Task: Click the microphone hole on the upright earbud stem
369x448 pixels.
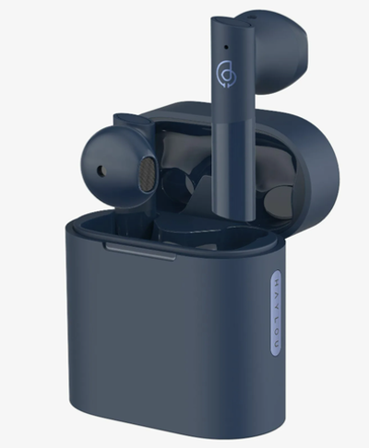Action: click(x=226, y=47)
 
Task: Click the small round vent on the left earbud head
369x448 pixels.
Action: click(x=101, y=171)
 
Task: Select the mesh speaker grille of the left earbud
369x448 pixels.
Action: click(x=147, y=174)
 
